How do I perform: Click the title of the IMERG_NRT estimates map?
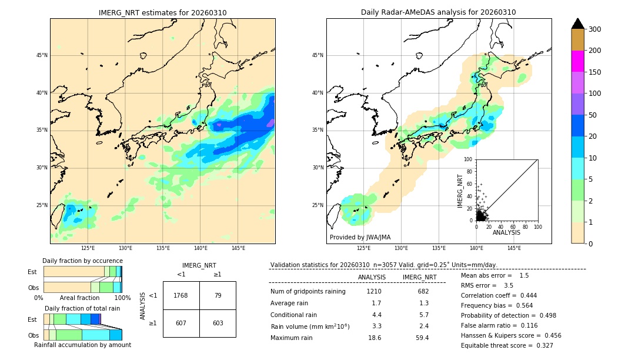click(x=162, y=12)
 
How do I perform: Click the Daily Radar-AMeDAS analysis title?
click(x=438, y=12)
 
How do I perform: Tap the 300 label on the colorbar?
click(x=594, y=29)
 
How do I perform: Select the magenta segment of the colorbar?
click(x=577, y=61)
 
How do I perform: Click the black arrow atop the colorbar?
click(x=577, y=24)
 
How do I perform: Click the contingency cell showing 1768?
click(x=181, y=295)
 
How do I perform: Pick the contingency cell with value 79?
click(x=218, y=295)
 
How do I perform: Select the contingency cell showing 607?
click(x=181, y=323)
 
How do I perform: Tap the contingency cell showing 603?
click(x=218, y=323)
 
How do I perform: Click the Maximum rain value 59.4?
click(x=422, y=338)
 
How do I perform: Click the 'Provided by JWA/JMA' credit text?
click(x=360, y=237)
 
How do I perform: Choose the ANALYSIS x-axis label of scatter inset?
click(x=506, y=232)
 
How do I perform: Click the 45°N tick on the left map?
click(x=42, y=55)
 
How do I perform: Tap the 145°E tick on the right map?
click(x=514, y=248)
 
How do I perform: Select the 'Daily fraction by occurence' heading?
click(x=82, y=261)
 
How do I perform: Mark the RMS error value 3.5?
click(x=509, y=285)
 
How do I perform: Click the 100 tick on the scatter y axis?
click(x=469, y=159)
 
